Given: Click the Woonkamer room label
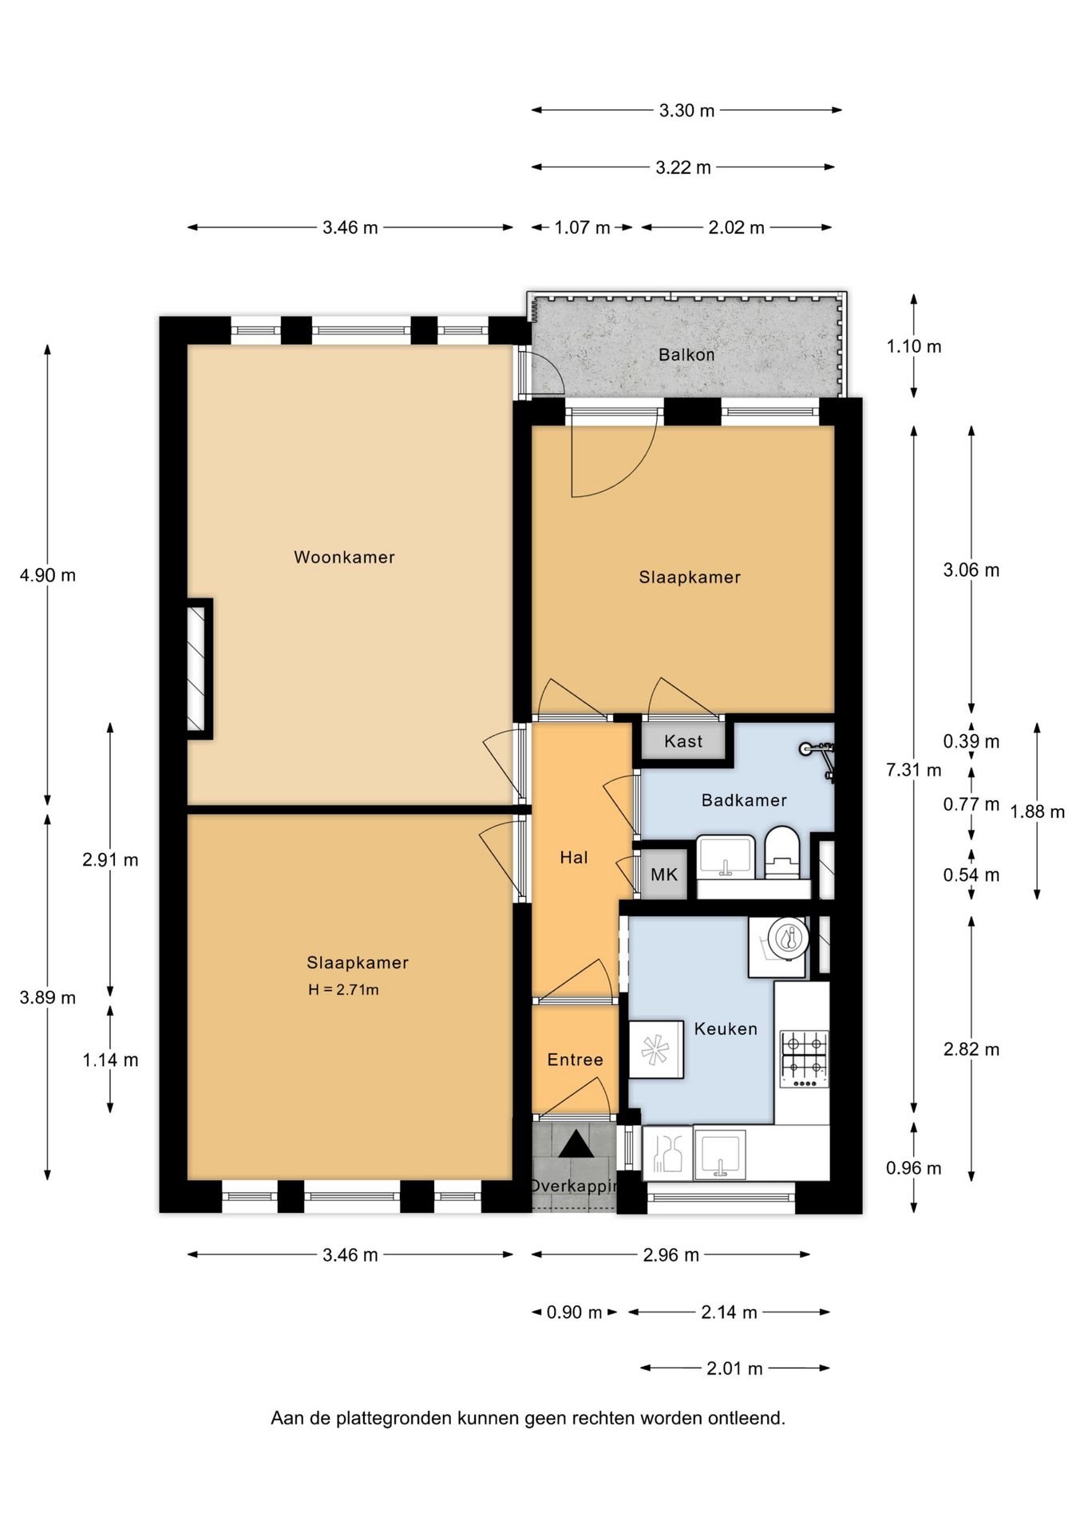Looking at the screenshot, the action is (344, 557).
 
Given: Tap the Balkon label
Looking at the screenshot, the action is (686, 354).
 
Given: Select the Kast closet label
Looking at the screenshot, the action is (683, 741).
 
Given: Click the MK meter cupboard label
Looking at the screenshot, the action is (664, 875).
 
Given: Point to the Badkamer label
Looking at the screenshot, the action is (744, 800).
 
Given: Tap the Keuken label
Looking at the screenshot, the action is (726, 1029).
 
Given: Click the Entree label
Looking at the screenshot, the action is (575, 1060).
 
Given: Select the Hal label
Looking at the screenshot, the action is (574, 858).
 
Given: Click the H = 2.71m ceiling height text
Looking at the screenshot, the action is (343, 990).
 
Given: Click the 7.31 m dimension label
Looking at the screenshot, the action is (914, 770).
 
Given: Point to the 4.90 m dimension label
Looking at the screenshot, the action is (48, 575).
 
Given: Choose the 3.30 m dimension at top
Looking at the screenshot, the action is (686, 110).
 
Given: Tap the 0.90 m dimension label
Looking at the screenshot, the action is (574, 1313).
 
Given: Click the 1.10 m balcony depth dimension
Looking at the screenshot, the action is (914, 346).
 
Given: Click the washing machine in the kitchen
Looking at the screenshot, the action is (778, 947).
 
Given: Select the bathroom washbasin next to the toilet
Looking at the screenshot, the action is (726, 857).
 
